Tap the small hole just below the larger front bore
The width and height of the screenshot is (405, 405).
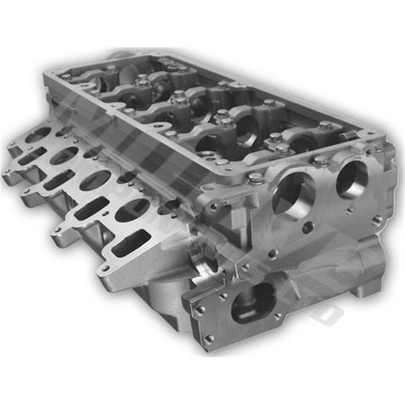point(307,228)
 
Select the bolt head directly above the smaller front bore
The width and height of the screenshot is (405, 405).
point(320,161)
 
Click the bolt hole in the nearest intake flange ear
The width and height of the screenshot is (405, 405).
point(105,268)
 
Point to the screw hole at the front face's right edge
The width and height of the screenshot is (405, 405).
point(377,220)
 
